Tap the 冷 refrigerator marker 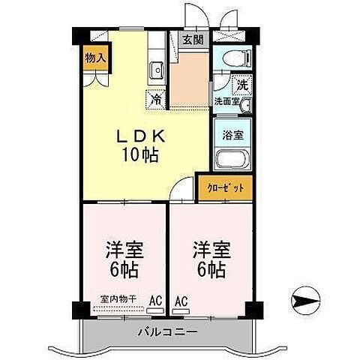(156, 97)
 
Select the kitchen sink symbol (157, 71)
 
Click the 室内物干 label (118, 299)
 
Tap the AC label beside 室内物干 (155, 300)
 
